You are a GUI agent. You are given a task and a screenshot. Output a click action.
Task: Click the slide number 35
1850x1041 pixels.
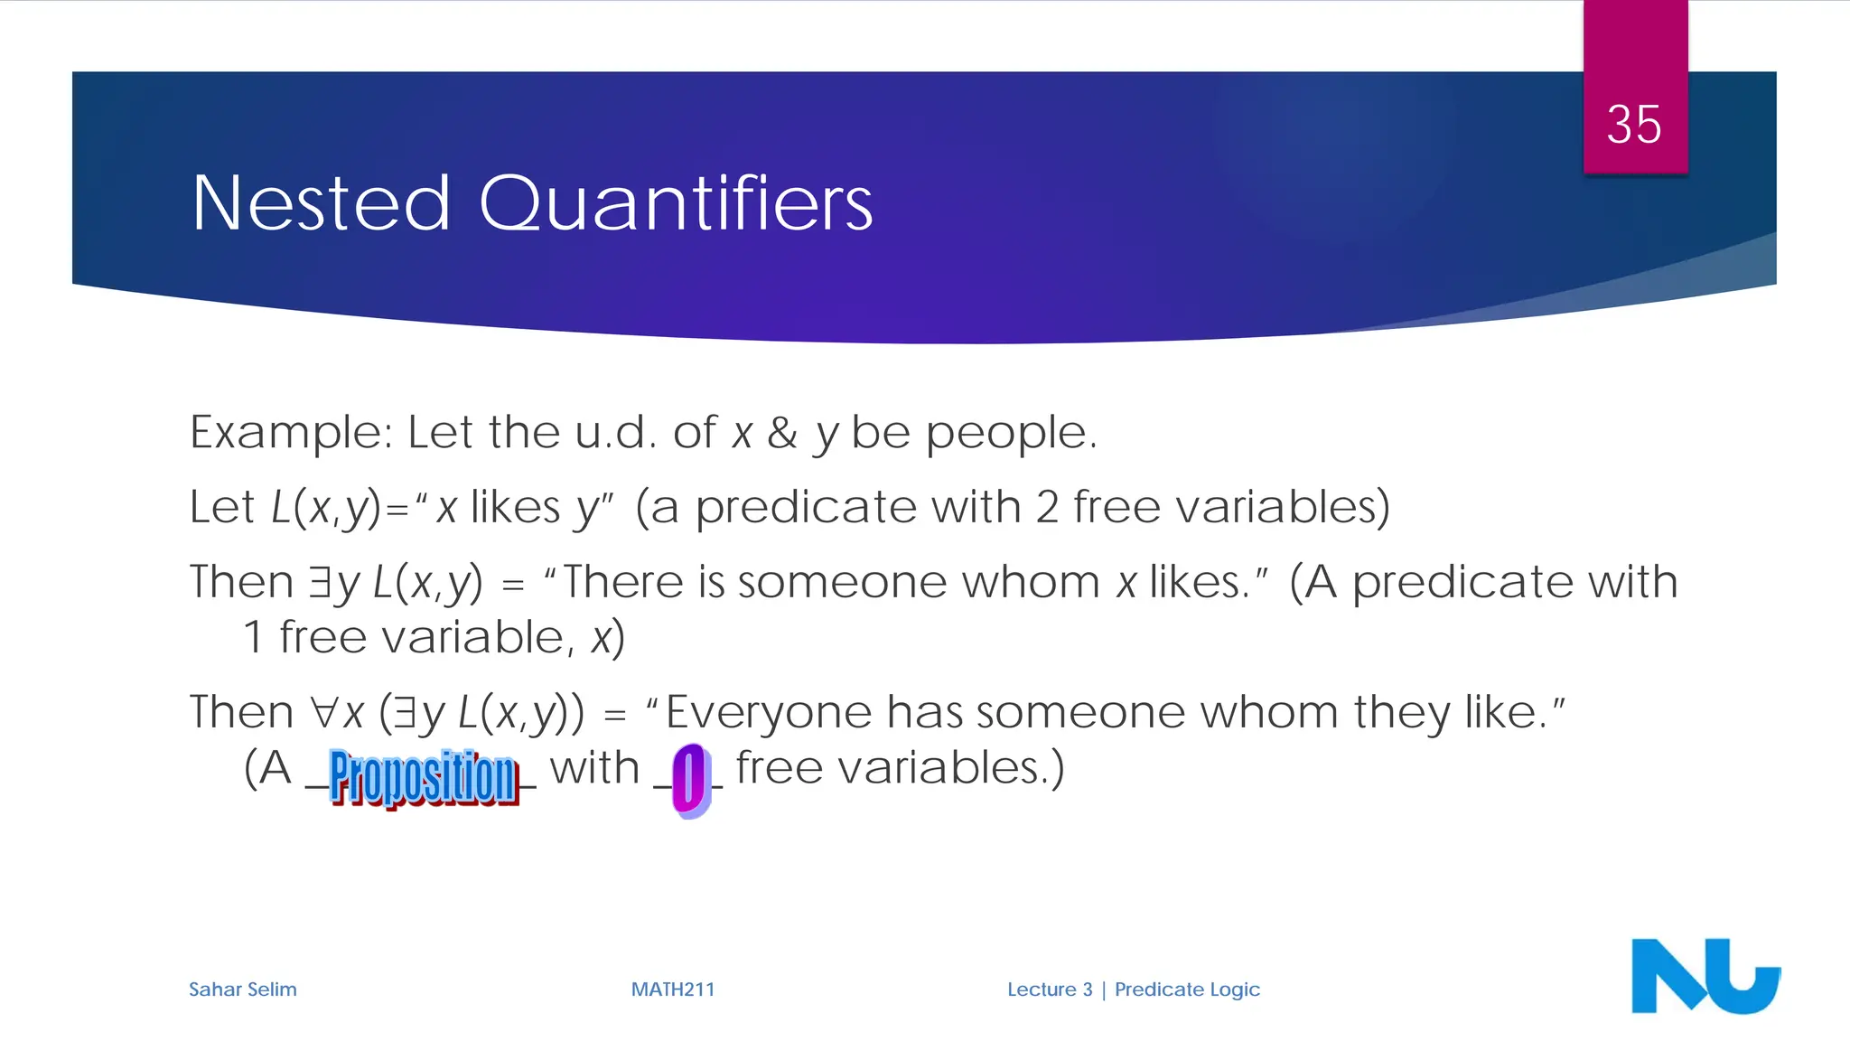tap(1634, 124)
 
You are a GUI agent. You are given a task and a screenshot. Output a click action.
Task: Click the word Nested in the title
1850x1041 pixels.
tap(321, 203)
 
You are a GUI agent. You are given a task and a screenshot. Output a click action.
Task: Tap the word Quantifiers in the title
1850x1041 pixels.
tap(676, 203)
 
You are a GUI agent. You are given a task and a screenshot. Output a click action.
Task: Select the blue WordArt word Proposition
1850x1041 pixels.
tap(423, 776)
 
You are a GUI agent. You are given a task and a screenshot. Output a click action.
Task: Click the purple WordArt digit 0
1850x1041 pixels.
tap(690, 779)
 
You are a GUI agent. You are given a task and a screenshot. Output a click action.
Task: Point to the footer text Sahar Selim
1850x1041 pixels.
tap(242, 989)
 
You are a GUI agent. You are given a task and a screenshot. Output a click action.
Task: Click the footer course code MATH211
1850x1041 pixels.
tap(673, 989)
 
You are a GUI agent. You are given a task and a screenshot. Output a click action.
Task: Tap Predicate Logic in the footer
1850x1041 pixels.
tap(1187, 989)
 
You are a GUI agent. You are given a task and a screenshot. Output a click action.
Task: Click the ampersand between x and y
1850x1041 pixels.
tap(782, 433)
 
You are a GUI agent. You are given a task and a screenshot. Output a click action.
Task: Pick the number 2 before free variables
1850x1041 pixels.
tap(1047, 507)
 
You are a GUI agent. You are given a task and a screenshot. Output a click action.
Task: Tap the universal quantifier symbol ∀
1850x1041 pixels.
tap(324, 712)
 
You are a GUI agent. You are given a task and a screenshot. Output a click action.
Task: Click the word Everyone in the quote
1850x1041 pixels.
tap(768, 712)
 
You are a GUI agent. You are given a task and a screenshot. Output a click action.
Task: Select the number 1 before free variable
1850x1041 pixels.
tap(254, 638)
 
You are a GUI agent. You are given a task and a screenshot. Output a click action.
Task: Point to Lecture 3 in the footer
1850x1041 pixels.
tap(1050, 989)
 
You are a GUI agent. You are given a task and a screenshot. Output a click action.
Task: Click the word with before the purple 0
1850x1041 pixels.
tap(594, 768)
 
